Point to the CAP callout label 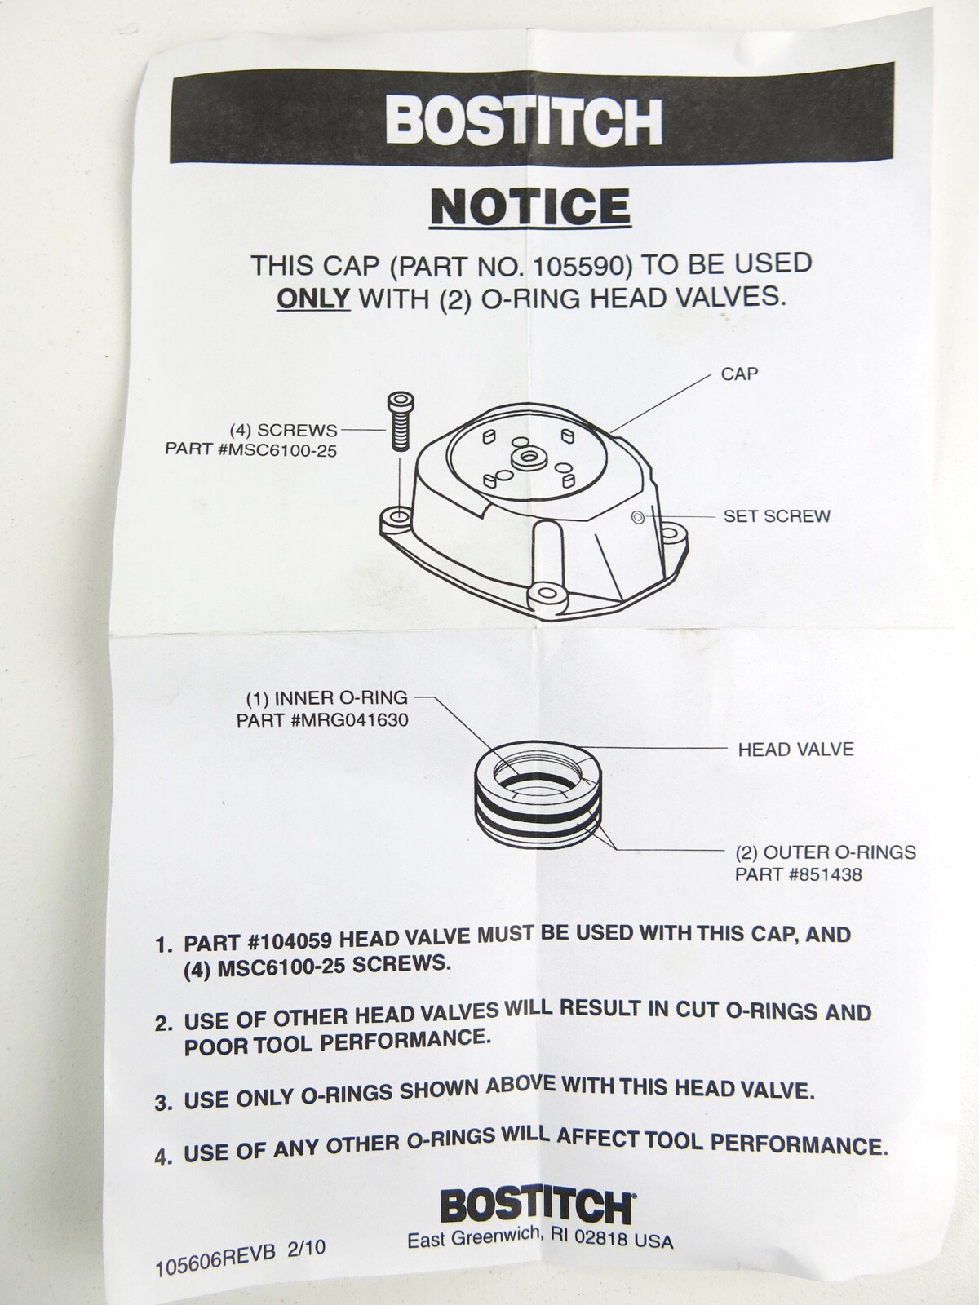click(739, 374)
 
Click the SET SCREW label click(777, 516)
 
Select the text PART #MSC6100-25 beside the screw click(250, 449)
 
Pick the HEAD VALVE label click(795, 749)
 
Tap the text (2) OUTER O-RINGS click(826, 852)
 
